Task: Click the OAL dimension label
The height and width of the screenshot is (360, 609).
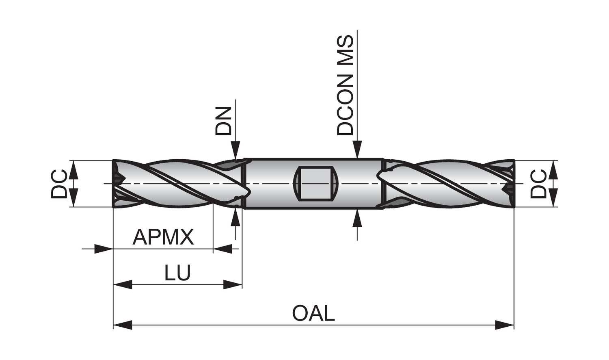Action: [x=313, y=313]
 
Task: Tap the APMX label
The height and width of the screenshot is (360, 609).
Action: [x=163, y=237]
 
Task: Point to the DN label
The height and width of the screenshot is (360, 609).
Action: [x=224, y=121]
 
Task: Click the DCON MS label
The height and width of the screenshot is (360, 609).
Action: [x=346, y=85]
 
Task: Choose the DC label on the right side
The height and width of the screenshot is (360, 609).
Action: [x=539, y=184]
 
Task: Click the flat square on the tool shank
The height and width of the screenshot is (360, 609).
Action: [x=316, y=183]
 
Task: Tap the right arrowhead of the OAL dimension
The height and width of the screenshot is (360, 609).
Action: [x=505, y=325]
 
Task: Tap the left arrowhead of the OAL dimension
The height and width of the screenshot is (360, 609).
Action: [x=123, y=325]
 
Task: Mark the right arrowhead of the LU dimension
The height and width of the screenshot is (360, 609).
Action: [x=233, y=284]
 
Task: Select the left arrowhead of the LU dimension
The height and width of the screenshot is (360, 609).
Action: [x=123, y=284]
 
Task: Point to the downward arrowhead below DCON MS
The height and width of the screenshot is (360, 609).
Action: [x=357, y=149]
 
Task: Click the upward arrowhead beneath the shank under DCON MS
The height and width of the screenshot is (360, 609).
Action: [x=357, y=218]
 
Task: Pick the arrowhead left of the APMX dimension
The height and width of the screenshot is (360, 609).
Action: [x=103, y=248]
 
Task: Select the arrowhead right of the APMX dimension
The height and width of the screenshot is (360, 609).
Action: [x=222, y=248]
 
